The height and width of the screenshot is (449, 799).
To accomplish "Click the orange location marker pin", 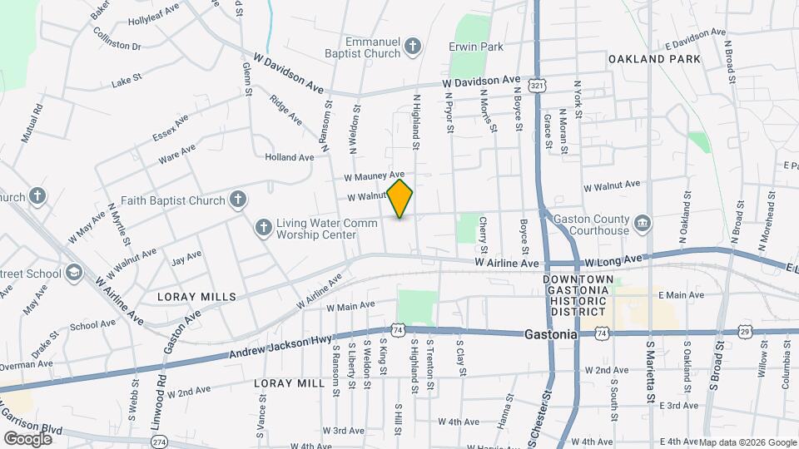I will click(x=400, y=199).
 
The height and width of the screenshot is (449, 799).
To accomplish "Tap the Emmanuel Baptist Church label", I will click(x=374, y=47).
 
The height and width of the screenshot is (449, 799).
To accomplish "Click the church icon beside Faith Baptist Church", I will click(x=238, y=200).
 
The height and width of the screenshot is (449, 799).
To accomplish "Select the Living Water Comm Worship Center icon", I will click(x=263, y=227).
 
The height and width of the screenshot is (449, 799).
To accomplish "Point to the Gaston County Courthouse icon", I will click(x=643, y=223).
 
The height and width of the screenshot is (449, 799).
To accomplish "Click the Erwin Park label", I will click(x=476, y=47).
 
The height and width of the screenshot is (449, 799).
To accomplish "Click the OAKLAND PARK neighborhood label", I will click(x=654, y=60).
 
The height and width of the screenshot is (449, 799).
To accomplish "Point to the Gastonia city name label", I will click(x=551, y=334).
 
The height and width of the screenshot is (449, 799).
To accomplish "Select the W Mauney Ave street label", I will click(x=375, y=176).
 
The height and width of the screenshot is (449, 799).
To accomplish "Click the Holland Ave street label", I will click(x=290, y=156).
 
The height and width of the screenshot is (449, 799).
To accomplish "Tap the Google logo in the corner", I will click(x=27, y=438).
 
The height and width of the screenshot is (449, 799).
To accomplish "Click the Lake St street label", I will click(x=127, y=83).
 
